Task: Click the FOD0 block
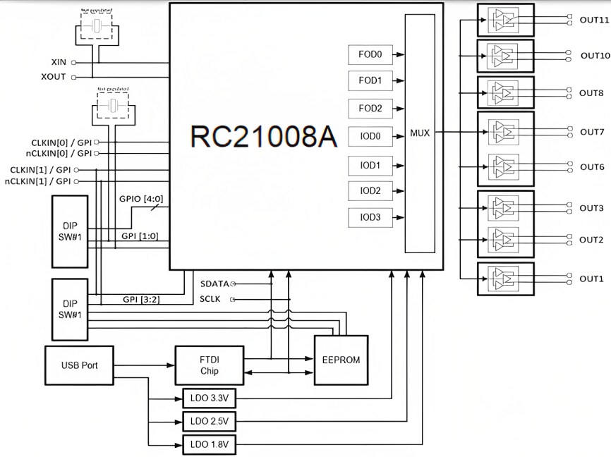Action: (370, 54)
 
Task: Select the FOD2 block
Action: (370, 109)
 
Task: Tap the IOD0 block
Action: (370, 136)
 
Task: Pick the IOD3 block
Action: (370, 217)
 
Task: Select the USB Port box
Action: (79, 365)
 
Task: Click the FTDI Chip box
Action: (210, 365)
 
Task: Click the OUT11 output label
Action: (593, 20)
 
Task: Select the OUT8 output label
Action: (591, 93)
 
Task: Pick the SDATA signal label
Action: (214, 284)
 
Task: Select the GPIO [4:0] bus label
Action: (142, 200)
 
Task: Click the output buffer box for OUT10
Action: (505, 56)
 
